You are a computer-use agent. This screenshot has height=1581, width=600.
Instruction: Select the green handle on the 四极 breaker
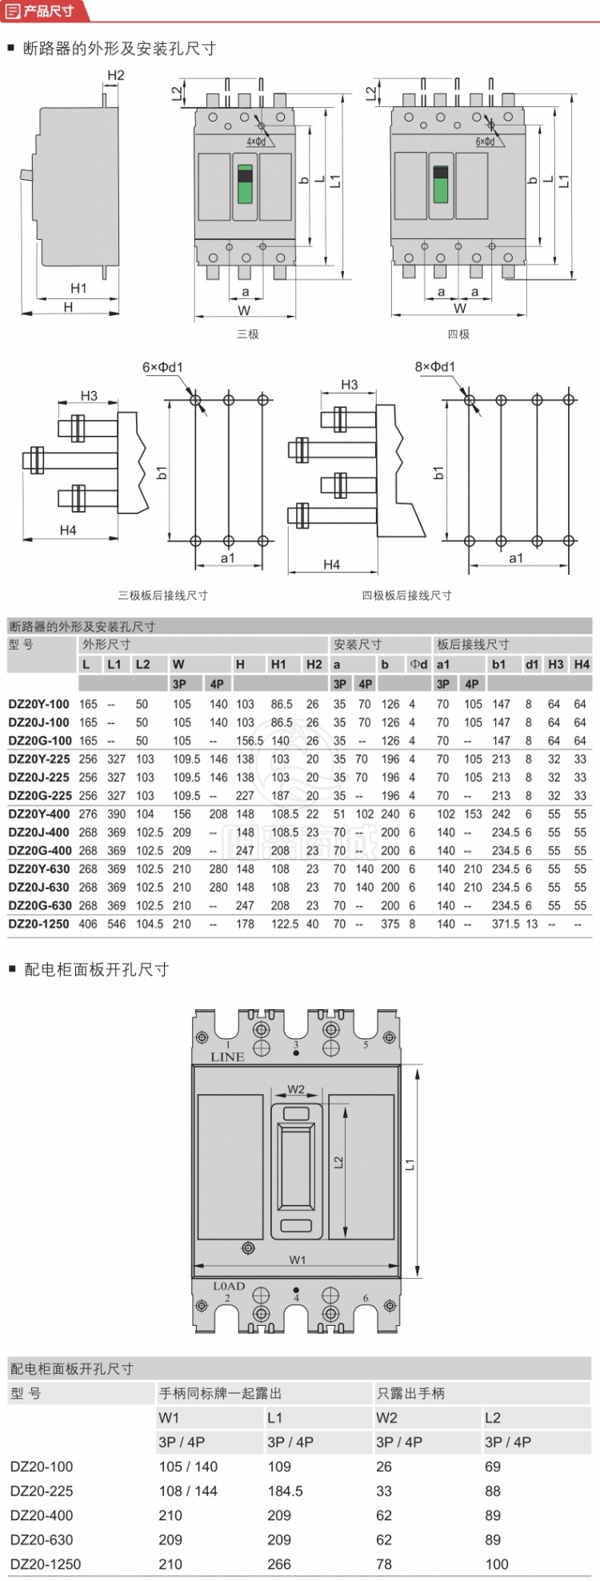click(440, 185)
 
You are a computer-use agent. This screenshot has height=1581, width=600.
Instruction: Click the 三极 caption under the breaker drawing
click(248, 334)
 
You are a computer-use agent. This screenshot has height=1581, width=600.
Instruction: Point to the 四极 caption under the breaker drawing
click(458, 334)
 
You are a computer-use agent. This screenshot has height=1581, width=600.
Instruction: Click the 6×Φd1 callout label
click(162, 367)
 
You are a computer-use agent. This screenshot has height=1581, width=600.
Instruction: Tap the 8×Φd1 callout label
click(435, 367)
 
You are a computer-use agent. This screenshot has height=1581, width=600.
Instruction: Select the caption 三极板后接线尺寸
click(163, 595)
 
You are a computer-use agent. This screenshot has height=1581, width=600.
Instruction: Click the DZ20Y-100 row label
click(39, 705)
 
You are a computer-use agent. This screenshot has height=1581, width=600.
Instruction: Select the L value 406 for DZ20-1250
click(88, 924)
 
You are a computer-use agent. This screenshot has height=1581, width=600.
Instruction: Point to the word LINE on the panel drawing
click(228, 1056)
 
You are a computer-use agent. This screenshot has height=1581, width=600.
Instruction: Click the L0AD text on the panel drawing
click(229, 1287)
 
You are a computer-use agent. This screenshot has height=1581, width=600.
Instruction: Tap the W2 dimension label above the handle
click(296, 1089)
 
